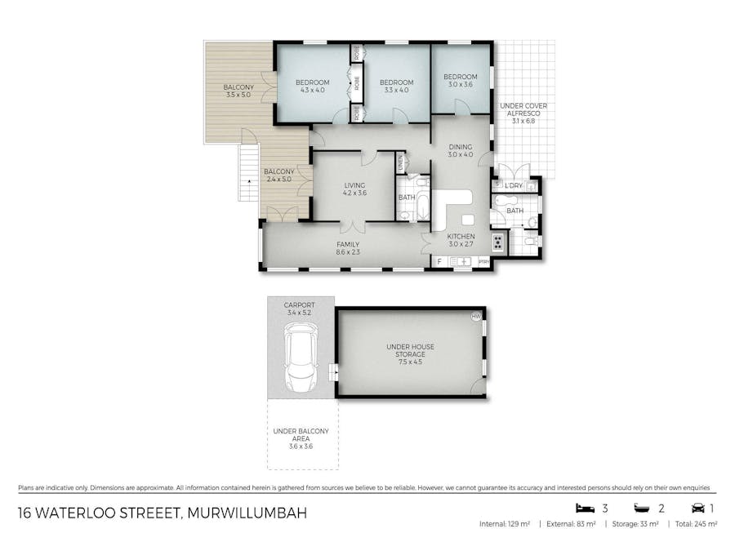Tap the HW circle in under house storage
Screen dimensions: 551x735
tap(475, 317)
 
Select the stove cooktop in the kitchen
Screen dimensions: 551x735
tap(497, 242)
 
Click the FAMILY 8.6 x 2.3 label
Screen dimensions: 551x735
tap(348, 248)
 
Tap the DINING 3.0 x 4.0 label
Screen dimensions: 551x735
tap(461, 150)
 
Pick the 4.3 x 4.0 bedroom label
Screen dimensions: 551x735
tap(312, 86)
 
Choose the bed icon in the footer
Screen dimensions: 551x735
tap(582, 508)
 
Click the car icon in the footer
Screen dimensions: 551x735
tap(697, 508)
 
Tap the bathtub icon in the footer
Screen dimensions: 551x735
tap(639, 508)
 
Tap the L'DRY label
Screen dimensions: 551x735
tap(513, 186)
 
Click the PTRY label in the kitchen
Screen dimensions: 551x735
tap(483, 262)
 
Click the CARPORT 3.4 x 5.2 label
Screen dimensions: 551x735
tap(300, 309)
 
